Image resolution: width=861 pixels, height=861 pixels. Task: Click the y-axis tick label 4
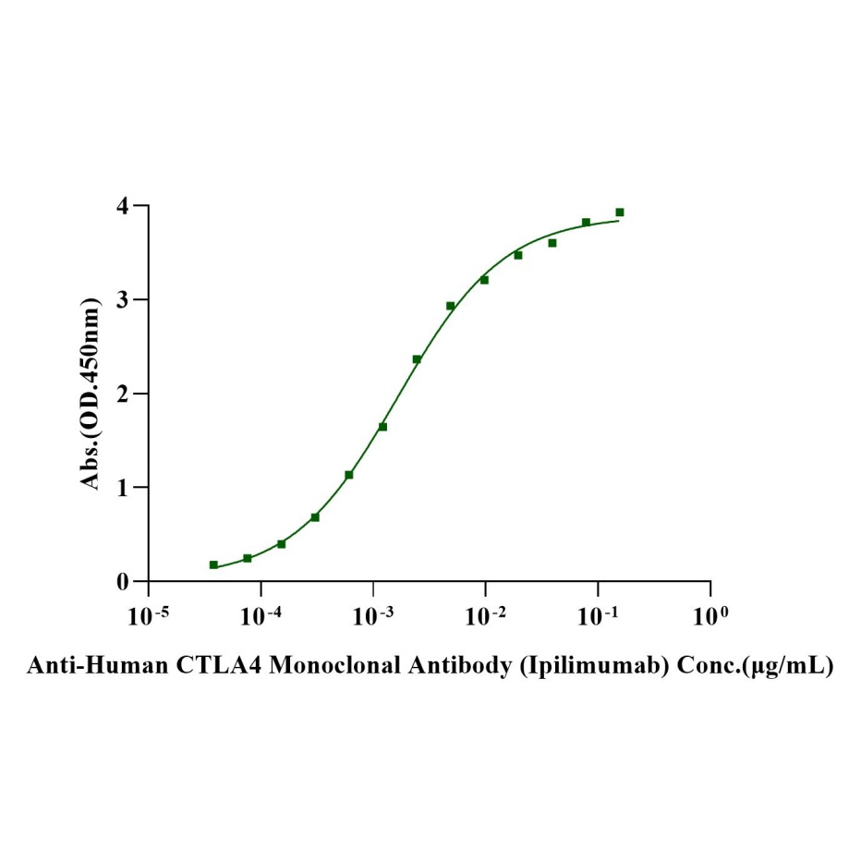[x=122, y=205]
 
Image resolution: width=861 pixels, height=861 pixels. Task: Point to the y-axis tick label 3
[x=122, y=299]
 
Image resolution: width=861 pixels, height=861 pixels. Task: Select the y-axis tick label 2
[x=122, y=394]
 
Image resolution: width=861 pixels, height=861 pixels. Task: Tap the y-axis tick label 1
[x=122, y=488]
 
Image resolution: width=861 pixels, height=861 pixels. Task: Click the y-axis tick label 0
[x=122, y=582]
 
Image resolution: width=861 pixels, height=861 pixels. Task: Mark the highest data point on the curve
[x=620, y=212]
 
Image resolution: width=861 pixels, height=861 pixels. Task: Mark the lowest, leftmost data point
[x=213, y=564]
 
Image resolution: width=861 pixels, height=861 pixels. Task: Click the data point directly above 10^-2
[x=484, y=279]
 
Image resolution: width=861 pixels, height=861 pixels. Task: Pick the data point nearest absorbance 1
[x=349, y=475]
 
